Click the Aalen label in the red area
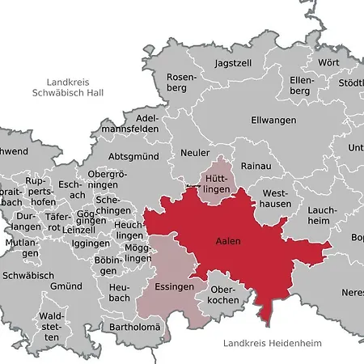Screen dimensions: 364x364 coord(228,241)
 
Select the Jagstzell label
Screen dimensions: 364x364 coord(234,62)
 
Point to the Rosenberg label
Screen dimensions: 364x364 coord(180,84)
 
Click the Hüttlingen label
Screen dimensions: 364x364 coord(215,183)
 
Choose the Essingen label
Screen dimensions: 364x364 coord(171,286)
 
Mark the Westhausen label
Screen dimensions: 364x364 coord(274,200)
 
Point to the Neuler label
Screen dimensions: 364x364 coord(196,152)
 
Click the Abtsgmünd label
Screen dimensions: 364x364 coord(133,157)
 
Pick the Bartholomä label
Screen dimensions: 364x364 coord(135,327)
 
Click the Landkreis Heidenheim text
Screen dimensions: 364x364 coord(272,344)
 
